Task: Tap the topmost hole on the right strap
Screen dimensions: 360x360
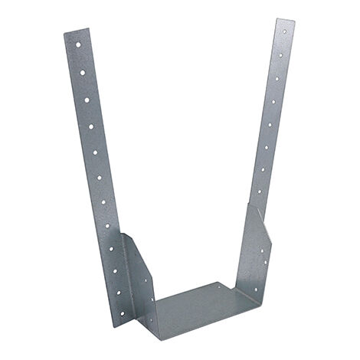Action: [x=284, y=32]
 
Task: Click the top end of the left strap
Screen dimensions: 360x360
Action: [x=76, y=31]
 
